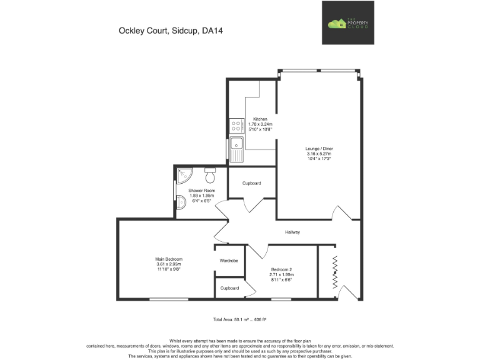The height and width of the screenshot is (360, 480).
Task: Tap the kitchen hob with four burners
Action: click(236, 127)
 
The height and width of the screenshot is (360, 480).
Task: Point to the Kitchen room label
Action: click(260, 119)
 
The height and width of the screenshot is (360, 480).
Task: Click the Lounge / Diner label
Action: click(318, 148)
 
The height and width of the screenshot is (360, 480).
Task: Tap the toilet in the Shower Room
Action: click(211, 171)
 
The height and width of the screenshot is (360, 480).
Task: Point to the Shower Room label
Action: click(202, 190)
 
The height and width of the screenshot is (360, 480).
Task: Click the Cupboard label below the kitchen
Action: click(251, 183)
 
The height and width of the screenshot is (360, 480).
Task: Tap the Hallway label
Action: click(292, 232)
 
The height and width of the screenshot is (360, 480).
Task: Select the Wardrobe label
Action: click(229, 261)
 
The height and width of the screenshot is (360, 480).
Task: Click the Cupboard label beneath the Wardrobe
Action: click(229, 288)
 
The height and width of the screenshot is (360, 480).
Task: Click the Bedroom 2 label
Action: click(281, 269)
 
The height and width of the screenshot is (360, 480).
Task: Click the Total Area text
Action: click(240, 319)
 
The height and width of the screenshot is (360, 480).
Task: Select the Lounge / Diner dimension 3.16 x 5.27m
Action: click(318, 154)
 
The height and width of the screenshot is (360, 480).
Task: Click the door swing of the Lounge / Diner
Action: click(341, 215)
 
